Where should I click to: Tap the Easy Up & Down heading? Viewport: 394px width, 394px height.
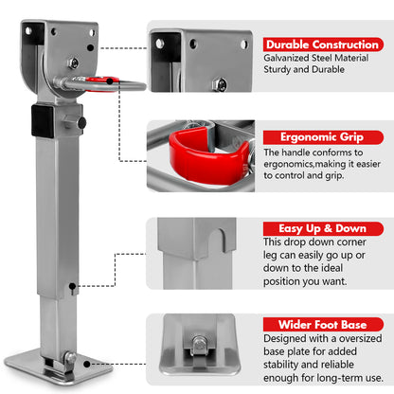(x=316, y=227)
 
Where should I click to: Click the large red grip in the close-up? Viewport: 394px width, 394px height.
(x=198, y=151)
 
